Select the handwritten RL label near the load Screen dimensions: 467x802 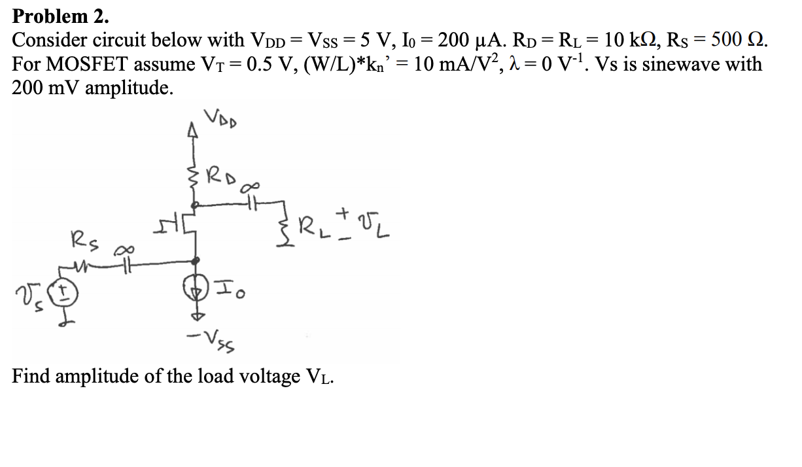312,230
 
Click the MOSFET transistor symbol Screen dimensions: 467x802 188,227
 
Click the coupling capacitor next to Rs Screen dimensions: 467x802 122,264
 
